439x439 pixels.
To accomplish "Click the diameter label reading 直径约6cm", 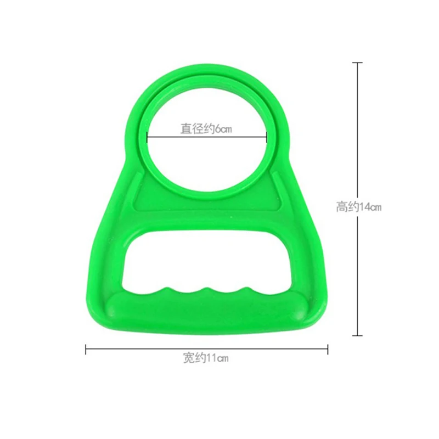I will click(207, 130).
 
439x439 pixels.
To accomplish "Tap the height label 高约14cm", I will click(359, 207).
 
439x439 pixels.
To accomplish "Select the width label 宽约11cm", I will click(206, 359).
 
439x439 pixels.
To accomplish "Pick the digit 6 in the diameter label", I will click(217, 130).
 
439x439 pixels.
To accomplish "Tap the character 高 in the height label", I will click(341, 207).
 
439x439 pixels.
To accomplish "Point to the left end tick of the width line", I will click(86, 349).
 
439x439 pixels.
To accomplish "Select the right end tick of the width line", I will click(328, 349).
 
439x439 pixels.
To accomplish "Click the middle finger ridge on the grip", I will click(208, 290).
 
